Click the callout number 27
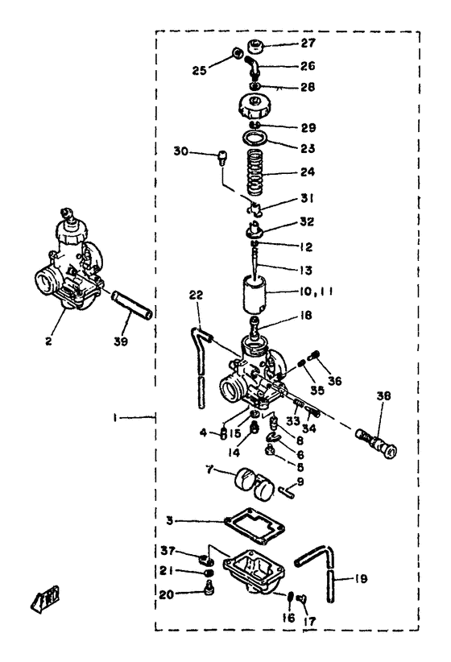click(288, 43)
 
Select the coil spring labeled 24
click(256, 174)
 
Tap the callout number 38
click(384, 396)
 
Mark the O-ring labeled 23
click(256, 143)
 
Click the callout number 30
click(181, 151)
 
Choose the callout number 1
click(118, 417)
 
